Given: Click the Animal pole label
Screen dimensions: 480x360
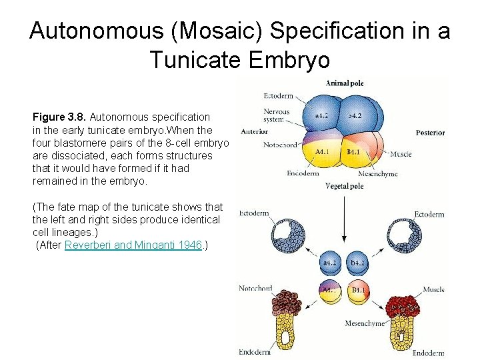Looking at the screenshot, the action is pos(344,83).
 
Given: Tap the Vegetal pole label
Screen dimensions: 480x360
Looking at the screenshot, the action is pos(344,187).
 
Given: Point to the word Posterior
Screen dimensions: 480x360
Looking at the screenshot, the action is pos(430,133).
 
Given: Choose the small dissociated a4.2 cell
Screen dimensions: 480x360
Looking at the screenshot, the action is pos(330,263).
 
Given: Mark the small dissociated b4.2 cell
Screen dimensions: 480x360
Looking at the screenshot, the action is pos(357,263).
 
